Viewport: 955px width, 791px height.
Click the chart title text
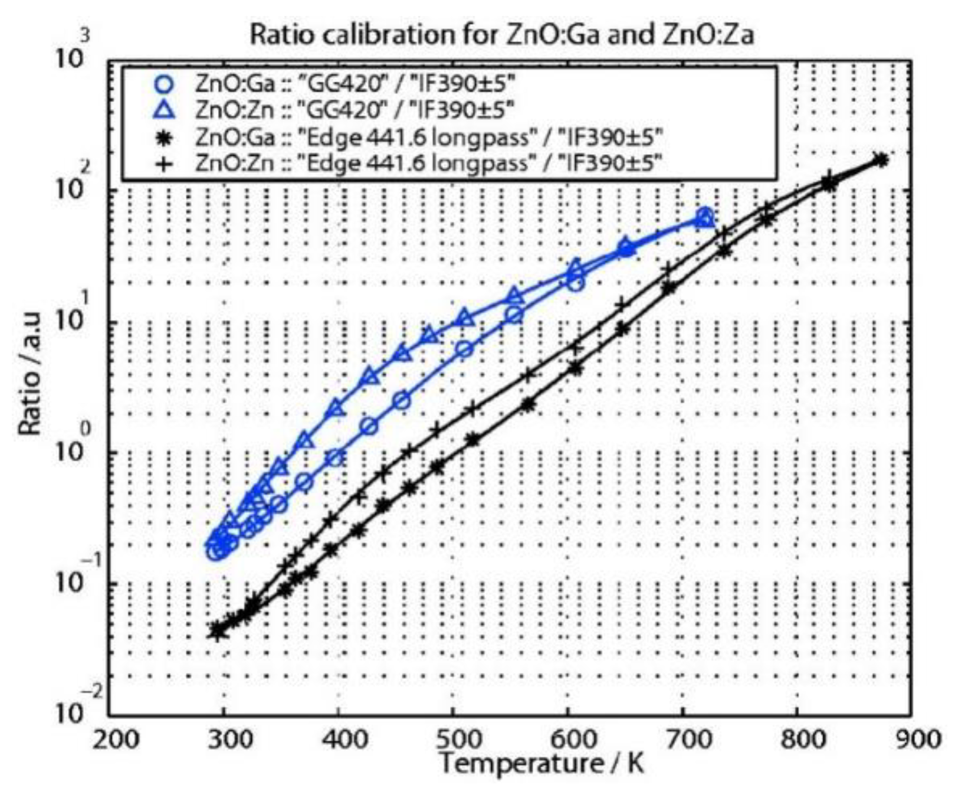501,35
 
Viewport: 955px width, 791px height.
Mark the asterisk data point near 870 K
881,159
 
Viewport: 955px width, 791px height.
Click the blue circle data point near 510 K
464,349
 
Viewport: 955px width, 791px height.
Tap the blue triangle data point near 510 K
465,319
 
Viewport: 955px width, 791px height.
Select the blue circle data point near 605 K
576,283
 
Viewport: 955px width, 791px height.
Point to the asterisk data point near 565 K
529,406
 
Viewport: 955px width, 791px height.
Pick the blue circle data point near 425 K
369,426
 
